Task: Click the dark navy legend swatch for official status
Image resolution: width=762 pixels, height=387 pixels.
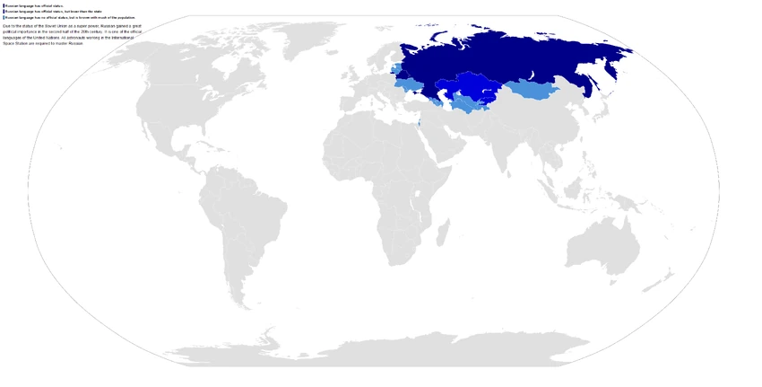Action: click(4, 5)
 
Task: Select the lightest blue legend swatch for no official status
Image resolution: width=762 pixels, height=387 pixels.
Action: click(4, 17)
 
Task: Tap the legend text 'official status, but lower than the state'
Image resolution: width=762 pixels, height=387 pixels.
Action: click(63, 12)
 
